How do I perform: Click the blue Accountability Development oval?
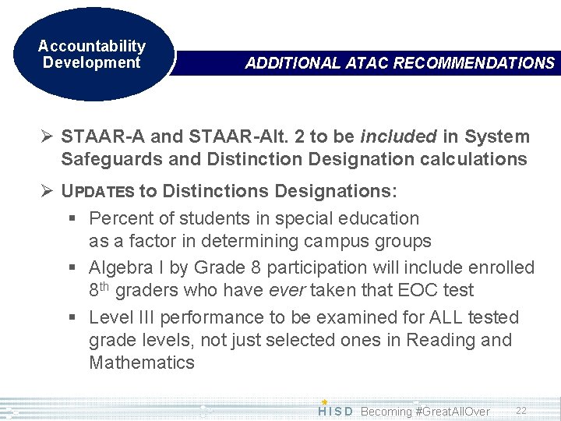[x=91, y=55]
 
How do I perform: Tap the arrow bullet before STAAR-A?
[x=48, y=137]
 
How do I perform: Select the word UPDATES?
[x=98, y=191]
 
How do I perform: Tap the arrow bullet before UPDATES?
[x=48, y=191]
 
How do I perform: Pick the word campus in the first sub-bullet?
[x=340, y=242]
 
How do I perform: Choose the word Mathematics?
[x=142, y=363]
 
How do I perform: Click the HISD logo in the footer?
[x=336, y=410]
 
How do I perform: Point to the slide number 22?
[x=520, y=410]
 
